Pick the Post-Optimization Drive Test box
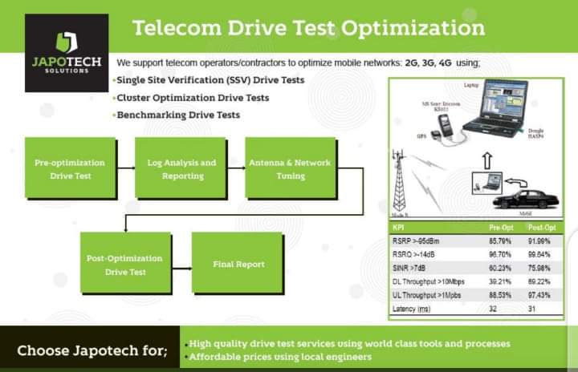point(124,265)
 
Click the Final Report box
point(238,264)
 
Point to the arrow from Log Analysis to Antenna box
point(235,168)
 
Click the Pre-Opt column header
point(501,227)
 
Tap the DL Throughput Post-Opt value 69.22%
point(538,282)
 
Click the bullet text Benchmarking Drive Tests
point(178,115)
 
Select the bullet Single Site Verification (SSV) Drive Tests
point(210,80)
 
